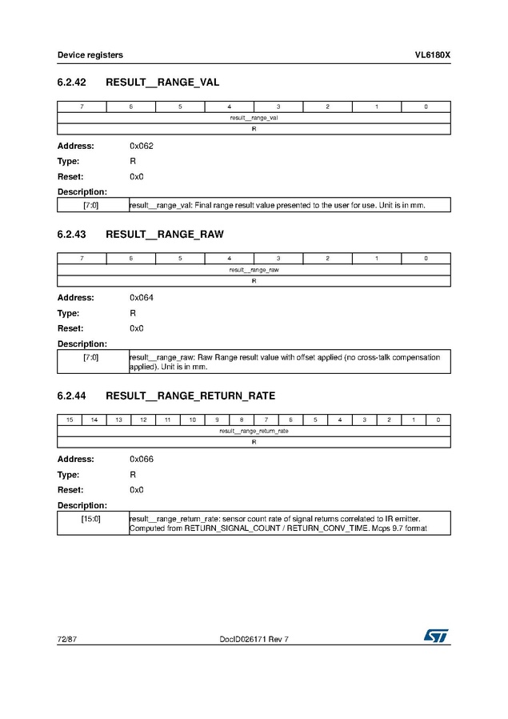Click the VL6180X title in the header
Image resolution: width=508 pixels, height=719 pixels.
pos(432,55)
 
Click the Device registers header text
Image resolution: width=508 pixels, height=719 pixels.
pos(90,55)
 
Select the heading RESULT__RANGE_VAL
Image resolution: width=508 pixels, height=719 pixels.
pos(162,82)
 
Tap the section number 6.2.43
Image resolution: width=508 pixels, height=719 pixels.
pos(71,235)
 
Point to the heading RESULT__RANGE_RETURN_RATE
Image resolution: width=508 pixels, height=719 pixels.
pos(190,396)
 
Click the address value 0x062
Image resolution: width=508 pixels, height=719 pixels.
pos(142,146)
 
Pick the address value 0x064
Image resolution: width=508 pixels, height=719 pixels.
pos(142,298)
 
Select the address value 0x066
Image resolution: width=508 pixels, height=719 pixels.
pos(142,459)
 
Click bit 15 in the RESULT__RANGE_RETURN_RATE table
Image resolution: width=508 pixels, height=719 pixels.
pos(70,420)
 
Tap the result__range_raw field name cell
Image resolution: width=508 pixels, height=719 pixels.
pos(254,270)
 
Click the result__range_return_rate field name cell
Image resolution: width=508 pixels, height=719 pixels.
pos(254,431)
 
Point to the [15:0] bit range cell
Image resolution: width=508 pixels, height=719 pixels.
pos(91,519)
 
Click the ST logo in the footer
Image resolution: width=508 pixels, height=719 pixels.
pos(437,636)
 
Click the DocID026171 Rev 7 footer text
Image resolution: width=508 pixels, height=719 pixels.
pos(254,638)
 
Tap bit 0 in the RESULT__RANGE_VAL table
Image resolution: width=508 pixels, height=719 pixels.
pos(426,106)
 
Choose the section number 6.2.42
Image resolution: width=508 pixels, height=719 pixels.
pos(71,82)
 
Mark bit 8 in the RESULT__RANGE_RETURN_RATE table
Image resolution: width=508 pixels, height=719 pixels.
pos(242,420)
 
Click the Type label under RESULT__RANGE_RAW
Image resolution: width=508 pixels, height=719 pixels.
pos(68,313)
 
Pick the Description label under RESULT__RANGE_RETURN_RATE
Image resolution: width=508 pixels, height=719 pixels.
pos(82,505)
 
